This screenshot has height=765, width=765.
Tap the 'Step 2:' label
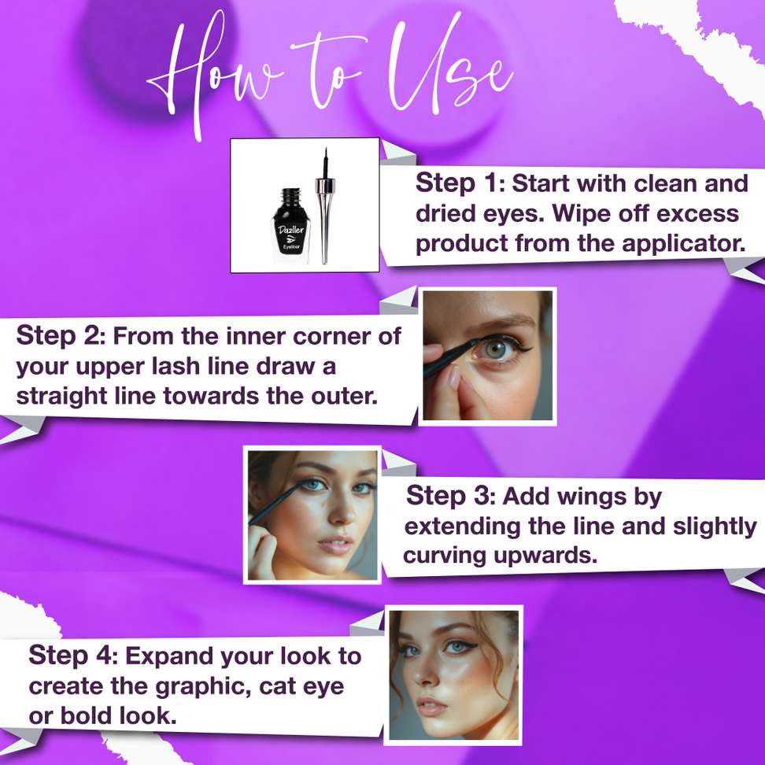(x=61, y=335)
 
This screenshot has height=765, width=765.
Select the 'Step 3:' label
(x=451, y=496)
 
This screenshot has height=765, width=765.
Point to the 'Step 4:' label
(x=73, y=656)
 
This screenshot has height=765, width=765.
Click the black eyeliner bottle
(x=290, y=225)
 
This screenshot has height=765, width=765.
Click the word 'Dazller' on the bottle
(x=290, y=230)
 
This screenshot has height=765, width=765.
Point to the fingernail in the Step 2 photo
(x=454, y=377)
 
